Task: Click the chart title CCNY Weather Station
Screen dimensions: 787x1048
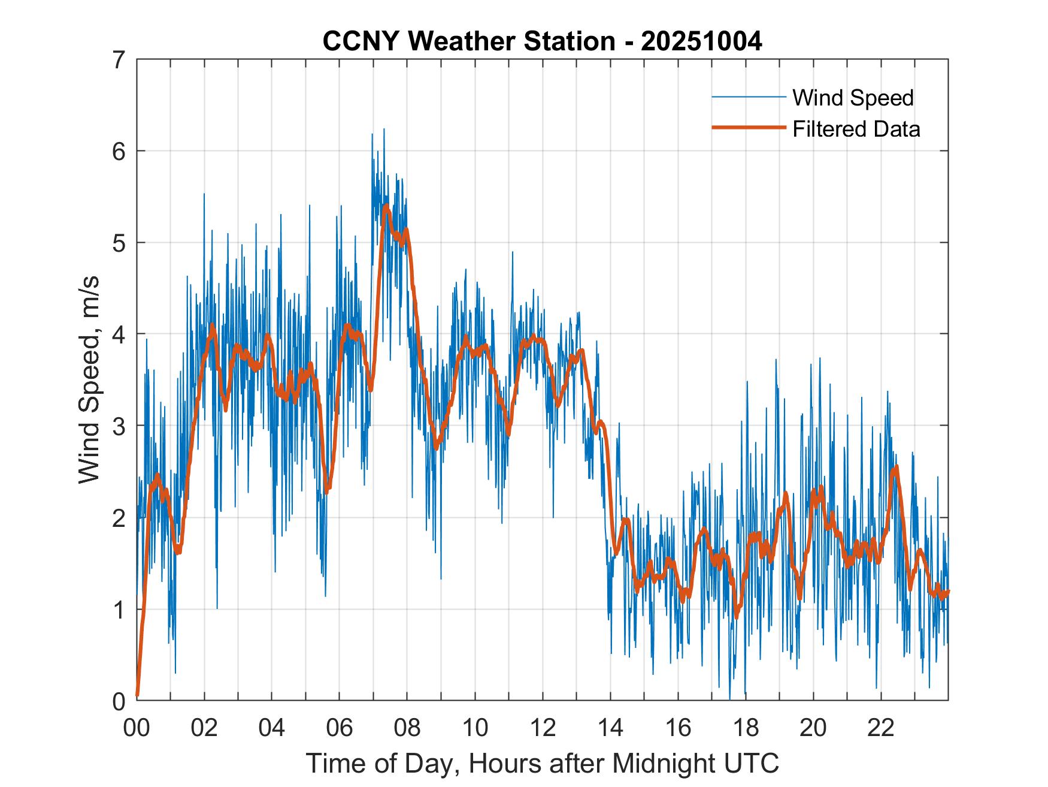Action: click(468, 41)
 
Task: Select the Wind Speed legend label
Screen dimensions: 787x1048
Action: click(853, 98)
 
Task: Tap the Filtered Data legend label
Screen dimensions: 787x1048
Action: click(856, 129)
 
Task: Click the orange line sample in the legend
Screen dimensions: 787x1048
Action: click(748, 128)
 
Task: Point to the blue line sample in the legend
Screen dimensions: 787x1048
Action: click(748, 97)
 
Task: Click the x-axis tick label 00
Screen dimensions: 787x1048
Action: click(137, 728)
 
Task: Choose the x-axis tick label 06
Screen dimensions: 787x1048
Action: click(340, 728)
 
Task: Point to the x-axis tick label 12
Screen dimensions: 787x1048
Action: click(543, 728)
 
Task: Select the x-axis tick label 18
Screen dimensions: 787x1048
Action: click(746, 728)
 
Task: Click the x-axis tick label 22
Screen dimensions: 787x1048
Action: click(881, 728)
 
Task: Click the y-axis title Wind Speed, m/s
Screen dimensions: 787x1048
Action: click(89, 380)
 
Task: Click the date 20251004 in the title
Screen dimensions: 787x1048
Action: click(701, 41)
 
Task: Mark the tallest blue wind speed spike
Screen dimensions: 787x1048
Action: click(384, 129)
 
